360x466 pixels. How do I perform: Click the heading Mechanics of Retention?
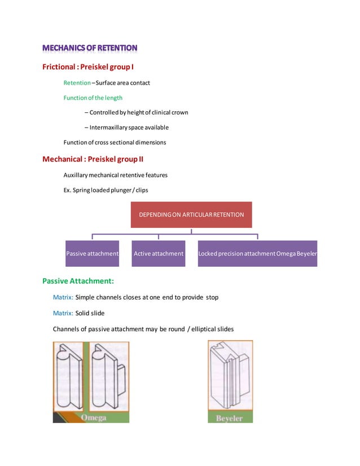coord(90,48)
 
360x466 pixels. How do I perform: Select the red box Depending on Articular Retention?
coord(191,214)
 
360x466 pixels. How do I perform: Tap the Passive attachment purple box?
coord(92,254)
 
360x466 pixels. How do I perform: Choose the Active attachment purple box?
coord(159,254)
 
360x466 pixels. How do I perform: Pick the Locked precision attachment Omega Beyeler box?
coord(257,254)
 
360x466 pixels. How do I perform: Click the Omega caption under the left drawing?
coord(94,418)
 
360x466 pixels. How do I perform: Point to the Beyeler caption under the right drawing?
coord(230,419)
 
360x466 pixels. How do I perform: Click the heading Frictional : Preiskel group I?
coord(88,68)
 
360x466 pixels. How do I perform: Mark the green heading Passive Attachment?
coord(78,280)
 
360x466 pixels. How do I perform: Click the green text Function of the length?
coord(93,98)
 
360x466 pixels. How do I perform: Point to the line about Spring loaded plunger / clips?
coord(106,190)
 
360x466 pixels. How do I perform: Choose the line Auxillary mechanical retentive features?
coord(115,175)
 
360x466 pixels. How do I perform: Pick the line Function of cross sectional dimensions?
coord(115,142)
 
